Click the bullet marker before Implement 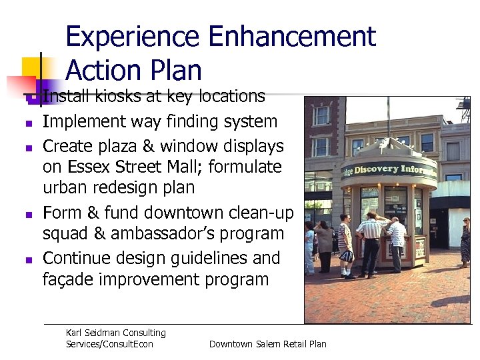tap(29, 123)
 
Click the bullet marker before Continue tap(29, 259)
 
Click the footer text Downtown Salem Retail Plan tap(267, 344)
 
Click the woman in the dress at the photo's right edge tap(465, 241)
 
